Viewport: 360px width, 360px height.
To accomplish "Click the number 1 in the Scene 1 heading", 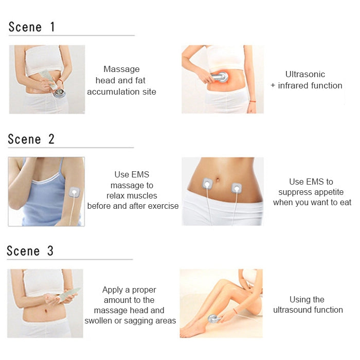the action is (x=52, y=27).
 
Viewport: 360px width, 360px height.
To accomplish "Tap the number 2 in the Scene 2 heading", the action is (x=51, y=139).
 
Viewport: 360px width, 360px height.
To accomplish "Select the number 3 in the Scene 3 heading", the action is (x=50, y=251).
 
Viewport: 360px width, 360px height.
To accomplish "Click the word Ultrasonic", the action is (x=305, y=74).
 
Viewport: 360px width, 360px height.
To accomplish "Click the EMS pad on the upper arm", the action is (x=75, y=192).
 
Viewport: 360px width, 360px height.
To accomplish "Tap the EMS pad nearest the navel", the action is (x=207, y=184).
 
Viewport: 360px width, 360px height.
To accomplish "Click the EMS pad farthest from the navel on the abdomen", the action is (x=237, y=188).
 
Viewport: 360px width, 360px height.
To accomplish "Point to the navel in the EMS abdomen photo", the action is (x=217, y=178).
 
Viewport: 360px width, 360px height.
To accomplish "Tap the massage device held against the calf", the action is (x=214, y=319).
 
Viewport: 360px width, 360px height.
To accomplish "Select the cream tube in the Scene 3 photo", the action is (x=69, y=293).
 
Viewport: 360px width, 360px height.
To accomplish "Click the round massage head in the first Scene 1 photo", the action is (x=59, y=93).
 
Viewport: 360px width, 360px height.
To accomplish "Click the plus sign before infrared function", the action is (x=273, y=86).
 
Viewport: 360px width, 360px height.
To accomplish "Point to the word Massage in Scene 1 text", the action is (x=121, y=69).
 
